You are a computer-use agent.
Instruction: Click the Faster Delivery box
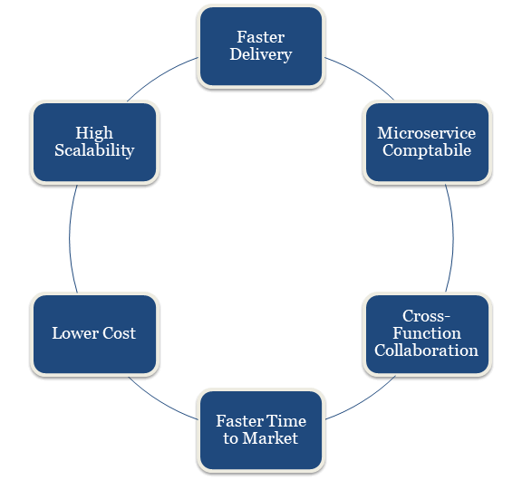coord(261,46)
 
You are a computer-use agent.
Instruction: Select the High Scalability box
coord(94,142)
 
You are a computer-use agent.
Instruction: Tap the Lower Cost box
coord(94,334)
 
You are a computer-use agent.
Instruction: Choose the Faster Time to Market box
coord(261,430)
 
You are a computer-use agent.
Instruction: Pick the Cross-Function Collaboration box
coord(428,334)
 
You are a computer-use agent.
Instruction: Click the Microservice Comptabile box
coord(428,142)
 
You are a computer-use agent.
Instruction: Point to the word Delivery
coord(261,54)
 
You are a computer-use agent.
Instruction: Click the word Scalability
coord(94,150)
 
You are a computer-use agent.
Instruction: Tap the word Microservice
coord(427,133)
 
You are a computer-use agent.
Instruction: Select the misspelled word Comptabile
coord(427,150)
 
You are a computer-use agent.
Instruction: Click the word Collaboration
coord(427,350)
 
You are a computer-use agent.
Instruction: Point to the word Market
coord(270,438)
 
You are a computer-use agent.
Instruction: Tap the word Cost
coord(120,333)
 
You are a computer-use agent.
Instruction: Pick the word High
coord(94,133)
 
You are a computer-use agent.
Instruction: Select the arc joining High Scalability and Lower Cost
coord(69,238)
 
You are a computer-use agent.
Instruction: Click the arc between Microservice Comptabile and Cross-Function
coord(453,238)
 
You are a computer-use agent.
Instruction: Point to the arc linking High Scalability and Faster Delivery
coord(160,76)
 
